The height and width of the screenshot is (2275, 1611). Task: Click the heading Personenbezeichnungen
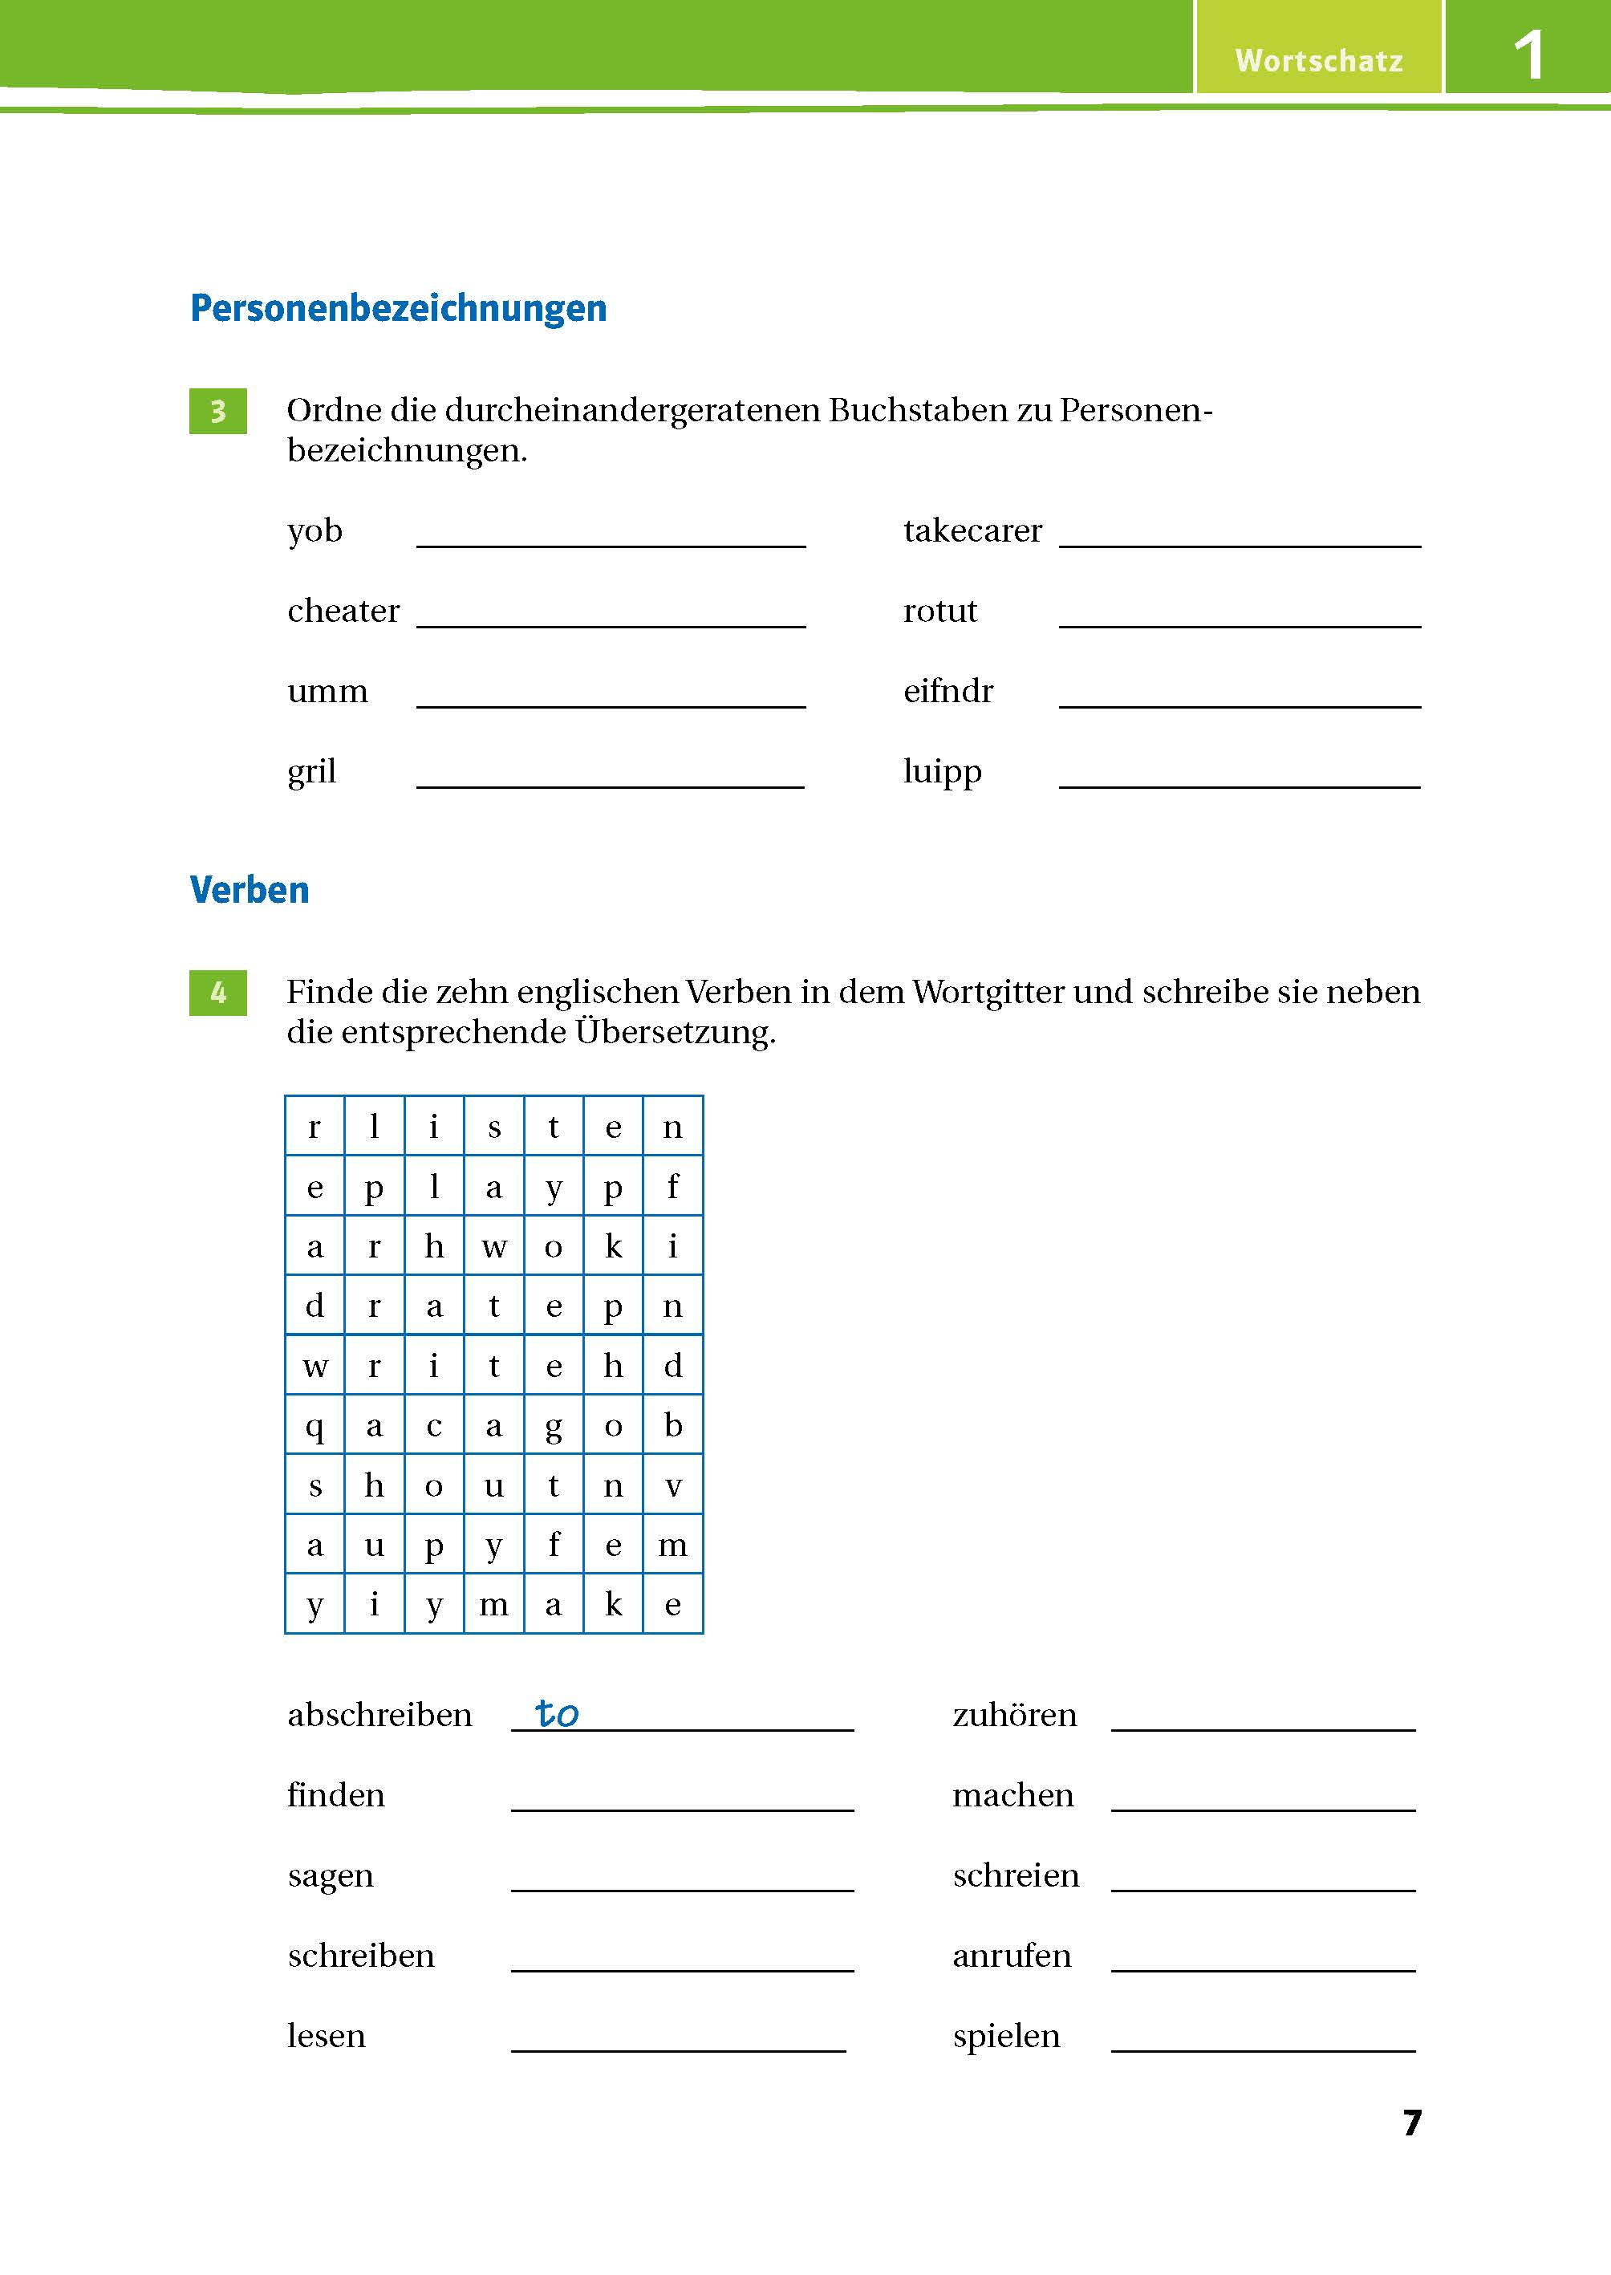click(398, 309)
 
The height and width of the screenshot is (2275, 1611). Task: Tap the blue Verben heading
click(249, 890)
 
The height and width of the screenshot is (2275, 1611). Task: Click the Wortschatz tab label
click(1318, 60)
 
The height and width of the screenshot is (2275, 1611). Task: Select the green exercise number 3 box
click(218, 411)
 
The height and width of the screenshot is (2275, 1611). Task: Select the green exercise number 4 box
click(218, 992)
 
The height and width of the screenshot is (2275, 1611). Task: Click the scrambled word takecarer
click(972, 530)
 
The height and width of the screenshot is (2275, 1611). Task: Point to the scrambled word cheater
click(343, 610)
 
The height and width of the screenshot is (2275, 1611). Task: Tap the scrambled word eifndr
click(948, 691)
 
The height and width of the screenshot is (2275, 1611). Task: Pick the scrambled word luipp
click(941, 771)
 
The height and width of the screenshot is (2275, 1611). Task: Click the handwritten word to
click(557, 1713)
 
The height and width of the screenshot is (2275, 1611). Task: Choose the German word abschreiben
click(379, 1716)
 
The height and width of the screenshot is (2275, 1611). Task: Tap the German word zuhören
click(1014, 1716)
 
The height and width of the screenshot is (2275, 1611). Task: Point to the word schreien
click(1015, 1875)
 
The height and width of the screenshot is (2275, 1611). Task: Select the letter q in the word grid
click(314, 1426)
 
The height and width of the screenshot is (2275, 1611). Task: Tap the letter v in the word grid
click(672, 1485)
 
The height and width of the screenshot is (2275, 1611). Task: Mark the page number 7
click(1411, 2123)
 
